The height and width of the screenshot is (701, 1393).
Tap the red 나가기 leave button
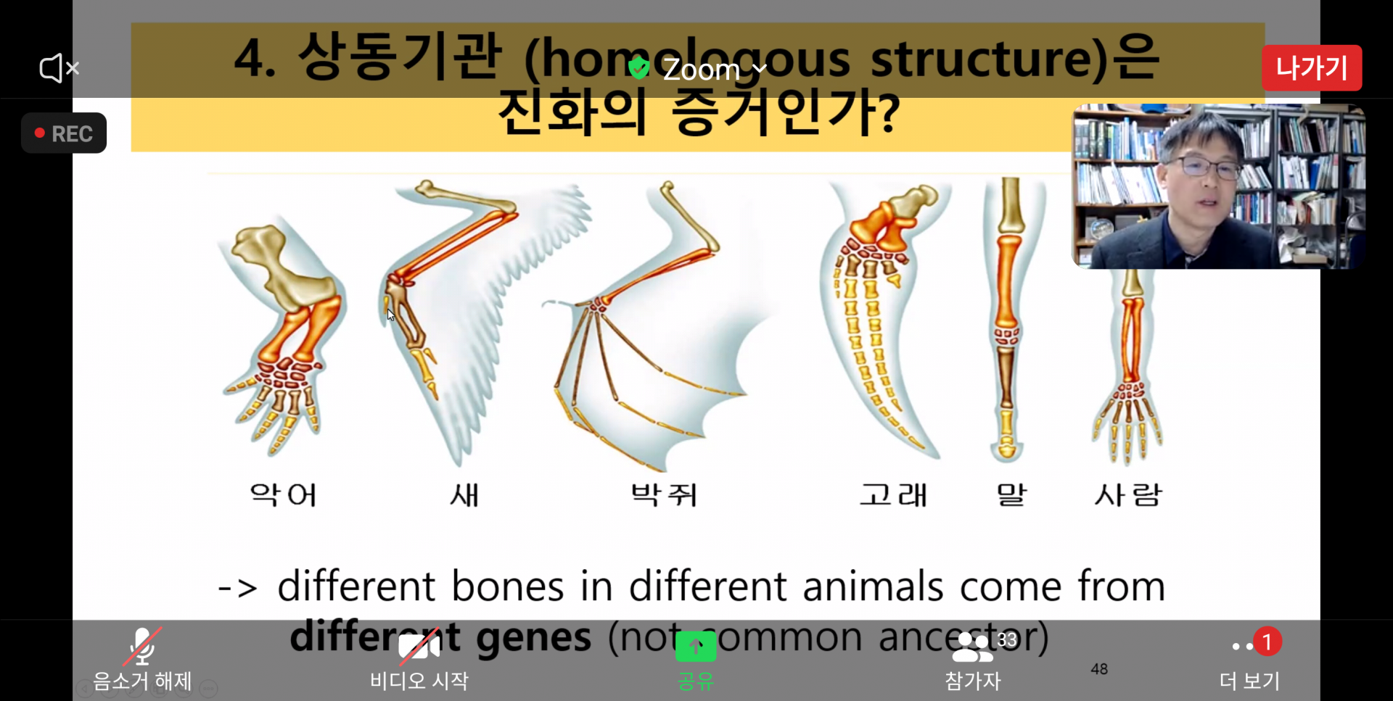coord(1312,68)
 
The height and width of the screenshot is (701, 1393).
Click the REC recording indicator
coord(64,133)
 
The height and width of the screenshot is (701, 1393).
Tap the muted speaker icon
coord(59,68)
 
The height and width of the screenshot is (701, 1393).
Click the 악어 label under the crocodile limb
coord(284,495)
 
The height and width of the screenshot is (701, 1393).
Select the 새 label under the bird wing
coord(464,495)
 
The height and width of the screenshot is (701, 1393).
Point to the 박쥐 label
coord(664,495)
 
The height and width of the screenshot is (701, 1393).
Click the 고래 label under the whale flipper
coord(893,495)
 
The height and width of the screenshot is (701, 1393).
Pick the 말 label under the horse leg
coord(1012,495)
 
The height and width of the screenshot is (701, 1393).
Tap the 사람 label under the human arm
coord(1128,495)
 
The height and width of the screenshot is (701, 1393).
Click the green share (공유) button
coord(696,646)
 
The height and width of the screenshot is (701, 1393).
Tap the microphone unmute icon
coord(142,646)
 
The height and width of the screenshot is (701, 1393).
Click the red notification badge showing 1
coord(1267,642)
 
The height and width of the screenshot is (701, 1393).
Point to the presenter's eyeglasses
coord(1209,167)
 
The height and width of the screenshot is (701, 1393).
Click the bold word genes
coord(533,637)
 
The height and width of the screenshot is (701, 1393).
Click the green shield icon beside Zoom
coord(638,68)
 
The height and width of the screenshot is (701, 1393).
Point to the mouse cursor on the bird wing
coord(390,315)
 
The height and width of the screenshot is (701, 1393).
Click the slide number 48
coord(1099,669)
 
